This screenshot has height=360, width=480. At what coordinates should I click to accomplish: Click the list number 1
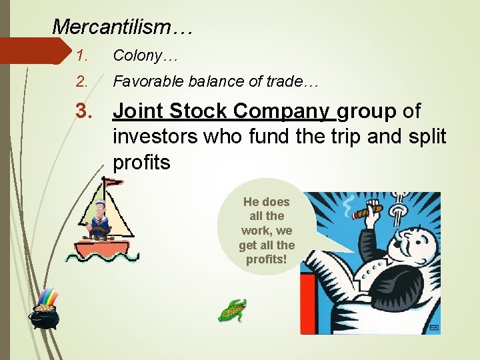tap(81, 56)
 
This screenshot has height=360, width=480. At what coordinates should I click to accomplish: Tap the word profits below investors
tap(141, 162)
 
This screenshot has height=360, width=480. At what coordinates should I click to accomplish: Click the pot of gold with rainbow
tap(44, 312)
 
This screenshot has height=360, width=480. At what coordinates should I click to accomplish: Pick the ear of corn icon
tap(233, 310)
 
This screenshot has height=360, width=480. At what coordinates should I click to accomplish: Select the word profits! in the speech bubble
tap(266, 259)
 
